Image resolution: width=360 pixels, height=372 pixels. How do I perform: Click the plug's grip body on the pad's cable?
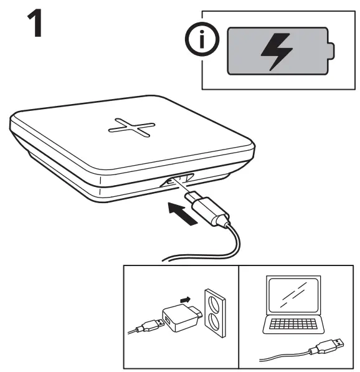click(211, 210)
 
